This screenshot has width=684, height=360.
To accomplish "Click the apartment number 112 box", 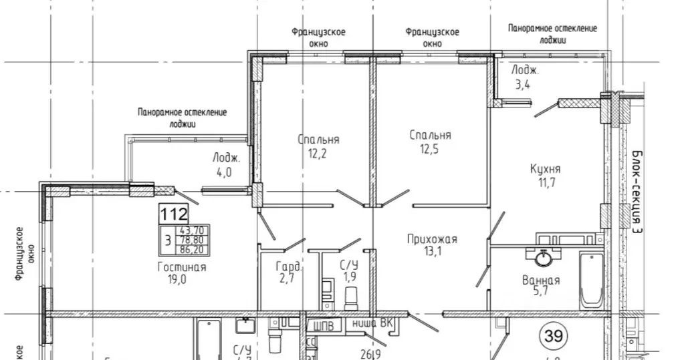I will [174, 214].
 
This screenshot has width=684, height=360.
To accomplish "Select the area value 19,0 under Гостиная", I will [181, 280].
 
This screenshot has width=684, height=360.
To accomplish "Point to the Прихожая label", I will [432, 238].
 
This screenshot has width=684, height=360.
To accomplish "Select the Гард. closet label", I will [290, 267].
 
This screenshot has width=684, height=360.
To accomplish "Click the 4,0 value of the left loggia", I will [221, 172].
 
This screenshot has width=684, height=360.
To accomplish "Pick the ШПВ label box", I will [325, 327].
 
